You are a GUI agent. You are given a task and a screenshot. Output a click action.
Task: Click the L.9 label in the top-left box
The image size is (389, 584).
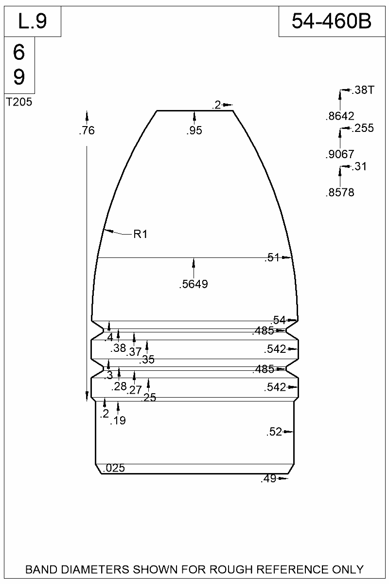tap(33, 21)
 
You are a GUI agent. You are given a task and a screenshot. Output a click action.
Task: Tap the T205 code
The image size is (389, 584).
tap(19, 102)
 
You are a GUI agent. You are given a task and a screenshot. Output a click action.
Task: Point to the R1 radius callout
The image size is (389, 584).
tap(140, 235)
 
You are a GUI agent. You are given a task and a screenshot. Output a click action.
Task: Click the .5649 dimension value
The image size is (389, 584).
tap(194, 285)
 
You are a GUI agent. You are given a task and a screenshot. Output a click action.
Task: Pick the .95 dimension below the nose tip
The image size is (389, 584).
tap(194, 130)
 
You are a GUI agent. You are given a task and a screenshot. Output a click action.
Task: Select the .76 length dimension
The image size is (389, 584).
tap(87, 130)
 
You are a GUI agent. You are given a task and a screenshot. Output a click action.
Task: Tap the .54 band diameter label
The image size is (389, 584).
tap(279, 320)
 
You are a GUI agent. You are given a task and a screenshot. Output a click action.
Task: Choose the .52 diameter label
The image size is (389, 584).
tap(274, 432)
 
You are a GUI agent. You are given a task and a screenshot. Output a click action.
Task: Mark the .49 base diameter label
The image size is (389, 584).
tap(268, 479)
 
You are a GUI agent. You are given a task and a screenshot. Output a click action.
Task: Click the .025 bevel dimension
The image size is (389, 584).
tap(114, 468)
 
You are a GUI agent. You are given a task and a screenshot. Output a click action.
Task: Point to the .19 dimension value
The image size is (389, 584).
tap(118, 421)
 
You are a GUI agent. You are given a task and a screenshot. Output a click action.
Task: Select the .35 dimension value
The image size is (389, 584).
tap(147, 360)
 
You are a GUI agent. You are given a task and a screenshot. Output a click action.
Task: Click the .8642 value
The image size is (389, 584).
tap(339, 116)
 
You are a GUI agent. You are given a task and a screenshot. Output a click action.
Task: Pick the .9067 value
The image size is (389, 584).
tap(339, 154)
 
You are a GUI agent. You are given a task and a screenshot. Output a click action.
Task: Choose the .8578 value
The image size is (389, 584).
tap(339, 193)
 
